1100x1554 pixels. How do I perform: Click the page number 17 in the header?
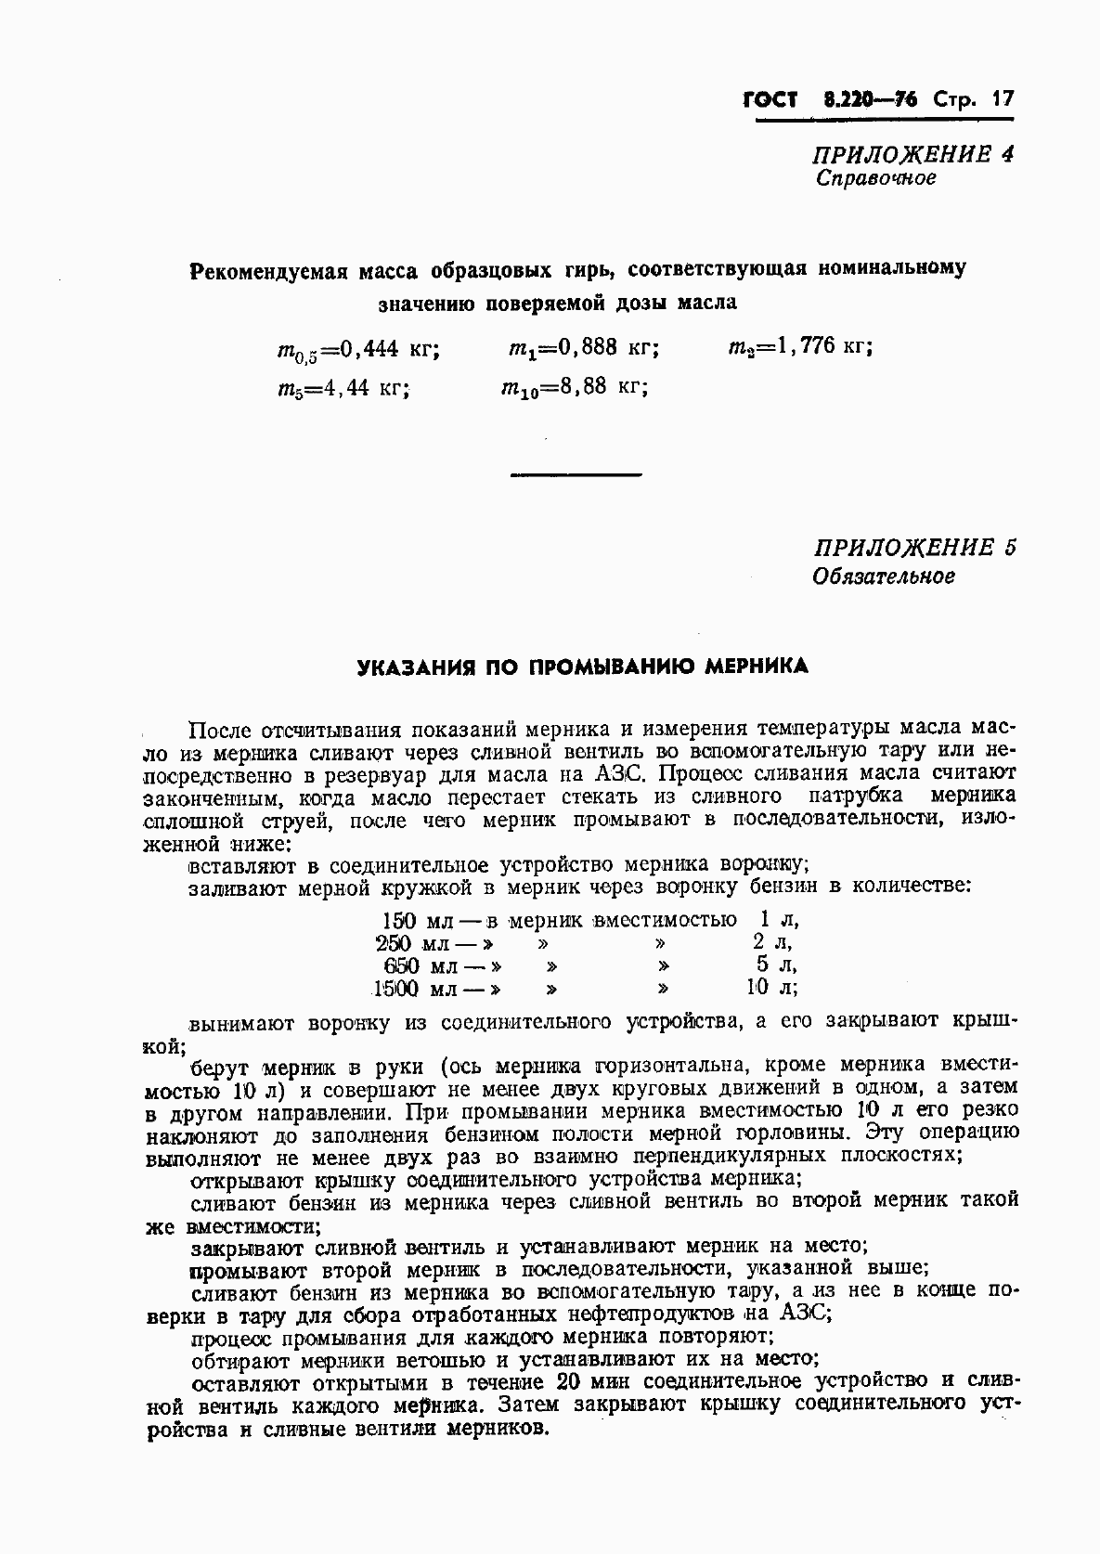(x=1002, y=98)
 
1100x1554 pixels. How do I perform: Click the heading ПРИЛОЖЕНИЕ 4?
(x=913, y=153)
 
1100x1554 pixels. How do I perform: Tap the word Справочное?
(x=875, y=178)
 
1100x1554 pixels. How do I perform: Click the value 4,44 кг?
(x=364, y=388)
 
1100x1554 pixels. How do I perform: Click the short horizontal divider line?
(x=576, y=475)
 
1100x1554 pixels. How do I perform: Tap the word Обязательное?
(x=884, y=576)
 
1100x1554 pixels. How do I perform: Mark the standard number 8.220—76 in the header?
(x=868, y=98)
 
